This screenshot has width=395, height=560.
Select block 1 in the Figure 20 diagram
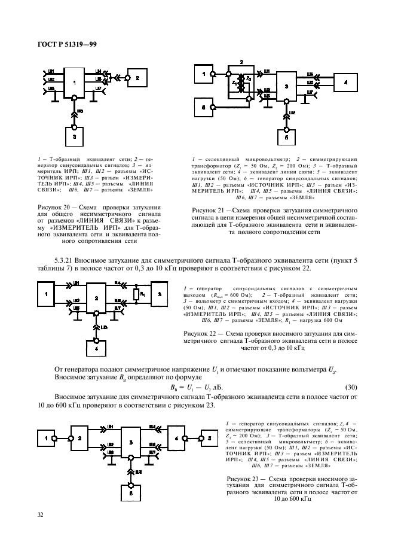(74, 84)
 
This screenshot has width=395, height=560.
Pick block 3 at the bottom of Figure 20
(74, 136)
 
